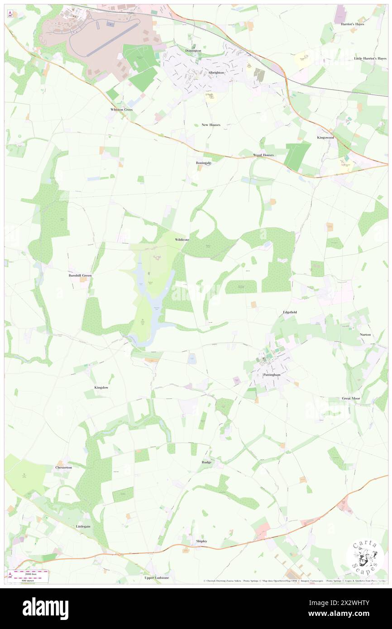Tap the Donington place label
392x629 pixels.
(193, 51)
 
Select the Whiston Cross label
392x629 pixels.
(122, 110)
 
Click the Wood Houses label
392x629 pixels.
(263, 155)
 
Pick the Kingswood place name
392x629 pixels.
(325, 137)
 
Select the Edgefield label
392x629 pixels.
(290, 312)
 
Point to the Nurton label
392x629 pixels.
(365, 334)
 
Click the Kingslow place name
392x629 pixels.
(101, 388)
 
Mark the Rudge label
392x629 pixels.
(206, 462)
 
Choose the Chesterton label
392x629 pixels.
(63, 467)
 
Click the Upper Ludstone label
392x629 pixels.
(157, 578)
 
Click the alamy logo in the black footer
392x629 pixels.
(45, 609)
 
